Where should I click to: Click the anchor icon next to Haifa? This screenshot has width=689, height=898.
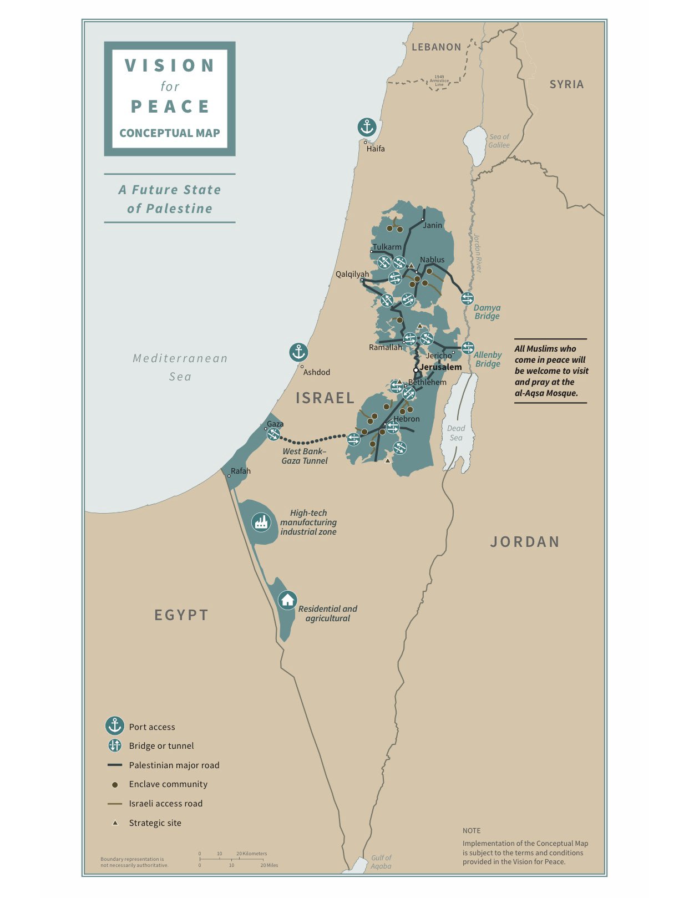point(367,128)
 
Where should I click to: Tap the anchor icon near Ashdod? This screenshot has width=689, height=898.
point(298,352)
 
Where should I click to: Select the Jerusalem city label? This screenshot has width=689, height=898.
point(440,367)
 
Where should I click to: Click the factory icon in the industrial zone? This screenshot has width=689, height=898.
point(261,522)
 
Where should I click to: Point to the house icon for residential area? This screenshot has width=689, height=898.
point(287,600)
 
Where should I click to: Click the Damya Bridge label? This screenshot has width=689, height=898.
point(487,312)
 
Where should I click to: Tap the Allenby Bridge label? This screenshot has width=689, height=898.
point(488,359)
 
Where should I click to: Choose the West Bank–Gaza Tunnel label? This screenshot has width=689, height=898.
point(305,456)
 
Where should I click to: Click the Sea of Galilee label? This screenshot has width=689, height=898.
point(499,141)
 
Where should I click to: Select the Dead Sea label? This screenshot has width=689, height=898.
point(456,433)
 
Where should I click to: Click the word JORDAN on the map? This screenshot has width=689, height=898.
point(525,542)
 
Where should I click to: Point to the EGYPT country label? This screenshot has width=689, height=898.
point(181,615)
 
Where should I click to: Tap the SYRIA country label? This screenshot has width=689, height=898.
point(566,84)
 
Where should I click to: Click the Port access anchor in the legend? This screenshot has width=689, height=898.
point(115,726)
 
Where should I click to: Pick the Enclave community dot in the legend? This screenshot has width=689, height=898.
point(115,785)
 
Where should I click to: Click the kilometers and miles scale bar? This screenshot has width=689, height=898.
point(232,859)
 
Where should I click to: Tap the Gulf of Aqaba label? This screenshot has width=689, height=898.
point(381,861)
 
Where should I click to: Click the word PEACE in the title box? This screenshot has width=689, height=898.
point(170,106)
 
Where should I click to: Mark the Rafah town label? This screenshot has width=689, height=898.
point(241,471)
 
